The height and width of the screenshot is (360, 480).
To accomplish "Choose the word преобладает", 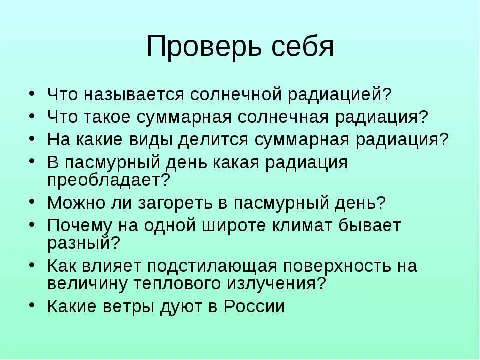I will (x=109, y=179).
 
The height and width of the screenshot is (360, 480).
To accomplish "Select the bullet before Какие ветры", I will (x=32, y=304).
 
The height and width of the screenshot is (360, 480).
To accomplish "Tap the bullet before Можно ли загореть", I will (x=32, y=201).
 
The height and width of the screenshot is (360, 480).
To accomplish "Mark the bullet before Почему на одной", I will (x=32, y=224).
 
